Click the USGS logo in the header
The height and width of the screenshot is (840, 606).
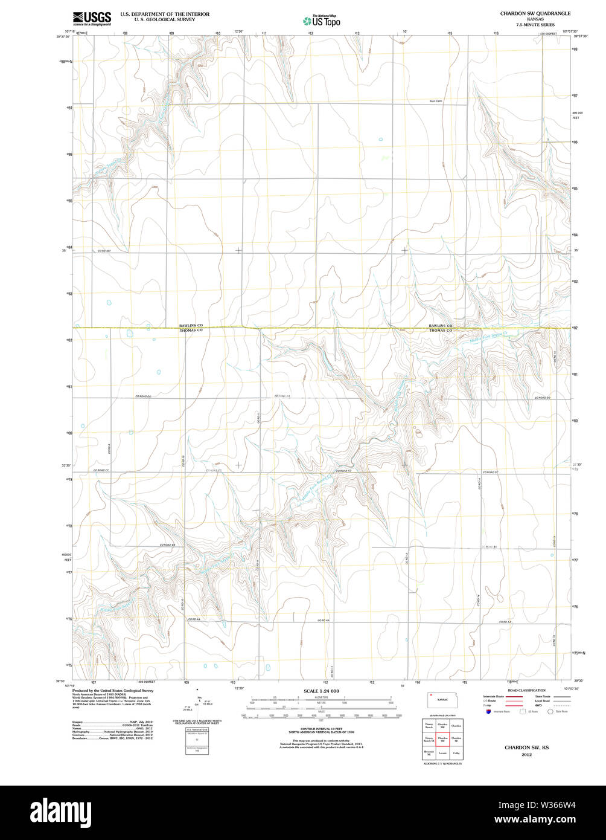(91, 18)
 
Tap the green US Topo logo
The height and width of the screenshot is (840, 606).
(321, 21)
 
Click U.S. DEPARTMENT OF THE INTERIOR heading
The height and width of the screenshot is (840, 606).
(165, 13)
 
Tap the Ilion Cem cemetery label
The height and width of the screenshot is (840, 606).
(436, 101)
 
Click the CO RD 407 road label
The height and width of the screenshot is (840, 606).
(104, 250)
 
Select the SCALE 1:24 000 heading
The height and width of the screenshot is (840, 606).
(321, 691)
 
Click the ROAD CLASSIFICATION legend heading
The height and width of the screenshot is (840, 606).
(526, 690)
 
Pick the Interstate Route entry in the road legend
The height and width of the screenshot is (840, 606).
(494, 697)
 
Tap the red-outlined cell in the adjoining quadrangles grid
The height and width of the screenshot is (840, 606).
(442, 739)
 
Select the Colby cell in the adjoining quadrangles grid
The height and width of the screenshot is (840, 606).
(456, 753)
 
